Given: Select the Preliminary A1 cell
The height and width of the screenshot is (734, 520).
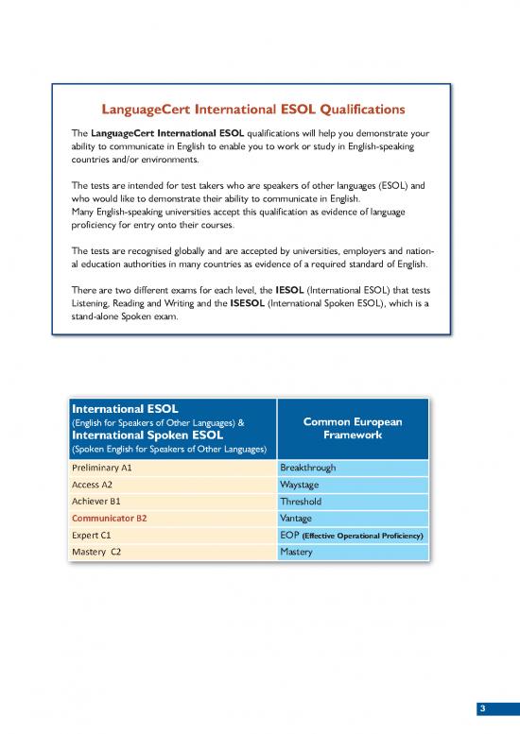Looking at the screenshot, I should (102, 467).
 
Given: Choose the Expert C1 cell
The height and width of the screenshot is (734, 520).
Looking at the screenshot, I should (93, 535).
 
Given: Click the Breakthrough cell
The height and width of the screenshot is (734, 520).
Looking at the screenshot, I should (307, 467).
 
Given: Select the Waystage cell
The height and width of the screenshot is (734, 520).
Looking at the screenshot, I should (301, 484).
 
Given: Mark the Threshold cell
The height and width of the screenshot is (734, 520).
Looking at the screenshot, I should (301, 501).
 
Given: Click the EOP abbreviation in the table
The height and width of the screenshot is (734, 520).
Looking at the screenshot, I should (290, 535).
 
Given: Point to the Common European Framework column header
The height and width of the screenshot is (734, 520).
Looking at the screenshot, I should (352, 428).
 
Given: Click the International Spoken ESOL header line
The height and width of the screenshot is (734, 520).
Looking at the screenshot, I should (147, 435).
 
